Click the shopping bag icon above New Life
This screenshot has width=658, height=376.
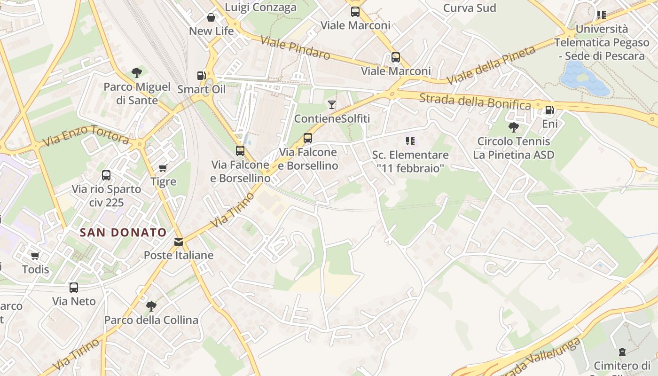pos(211,17)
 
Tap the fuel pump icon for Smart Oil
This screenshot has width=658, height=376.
pos(201,75)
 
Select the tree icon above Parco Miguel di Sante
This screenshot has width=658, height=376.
pos(137,73)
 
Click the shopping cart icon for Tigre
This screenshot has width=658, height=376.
pos(163,168)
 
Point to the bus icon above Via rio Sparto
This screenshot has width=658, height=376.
pos(106,175)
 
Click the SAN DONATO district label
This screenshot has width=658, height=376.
pos(123,232)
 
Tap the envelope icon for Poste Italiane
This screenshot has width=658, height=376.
pos(179,242)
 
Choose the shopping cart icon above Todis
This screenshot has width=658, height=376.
pos(35,256)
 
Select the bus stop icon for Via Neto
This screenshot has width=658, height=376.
pos(74,287)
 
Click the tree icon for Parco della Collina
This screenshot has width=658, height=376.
pos(151,306)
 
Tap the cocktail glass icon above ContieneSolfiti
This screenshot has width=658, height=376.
pos(332,104)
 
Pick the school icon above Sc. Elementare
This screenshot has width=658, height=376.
pos(410,141)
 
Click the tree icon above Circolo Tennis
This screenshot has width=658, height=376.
pos(514,127)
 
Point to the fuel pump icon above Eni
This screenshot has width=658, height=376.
pos(549,110)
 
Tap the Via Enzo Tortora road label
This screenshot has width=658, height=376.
pos(86,135)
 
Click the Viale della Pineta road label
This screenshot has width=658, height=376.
pos(491,65)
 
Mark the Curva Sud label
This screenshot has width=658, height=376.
pos(470,8)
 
